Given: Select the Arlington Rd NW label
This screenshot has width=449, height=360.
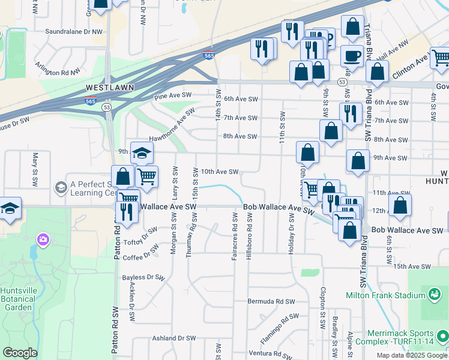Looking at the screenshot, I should pyautogui.click(x=58, y=69).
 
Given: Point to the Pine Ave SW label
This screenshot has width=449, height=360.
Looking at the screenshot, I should pyautogui.click(x=172, y=95).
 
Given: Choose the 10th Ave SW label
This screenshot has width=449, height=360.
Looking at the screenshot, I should pyautogui.click(x=220, y=172).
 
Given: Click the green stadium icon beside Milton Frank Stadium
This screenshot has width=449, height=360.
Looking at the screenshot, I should pyautogui.click(x=433, y=295).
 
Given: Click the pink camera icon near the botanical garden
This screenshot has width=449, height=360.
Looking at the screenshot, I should pyautogui.click(x=43, y=240).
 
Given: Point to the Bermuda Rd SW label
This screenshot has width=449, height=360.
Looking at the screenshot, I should pyautogui.click(x=271, y=301).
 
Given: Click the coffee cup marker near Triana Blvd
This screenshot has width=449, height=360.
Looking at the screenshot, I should pyautogui.click(x=352, y=56).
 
